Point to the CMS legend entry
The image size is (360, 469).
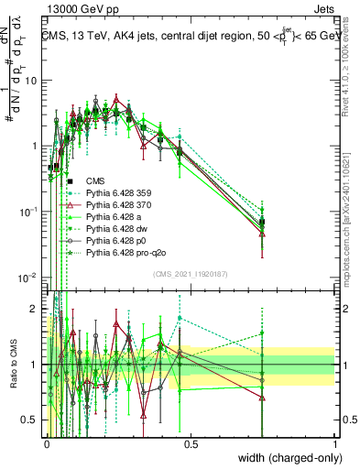[96, 180]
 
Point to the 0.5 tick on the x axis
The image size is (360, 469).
[191, 443]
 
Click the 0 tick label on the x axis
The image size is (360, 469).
[47, 443]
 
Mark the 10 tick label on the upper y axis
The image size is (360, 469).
[30, 81]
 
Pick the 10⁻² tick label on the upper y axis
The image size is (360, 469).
[28, 278]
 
